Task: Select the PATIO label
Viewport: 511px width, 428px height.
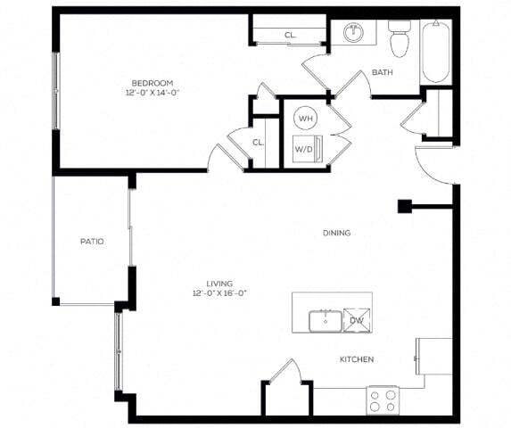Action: (x=92, y=241)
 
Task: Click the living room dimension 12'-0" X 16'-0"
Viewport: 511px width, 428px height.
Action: (x=218, y=293)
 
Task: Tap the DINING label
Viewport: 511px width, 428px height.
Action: (x=336, y=233)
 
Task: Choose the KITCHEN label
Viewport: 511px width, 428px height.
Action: (x=356, y=359)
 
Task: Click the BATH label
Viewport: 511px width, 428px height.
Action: (x=383, y=72)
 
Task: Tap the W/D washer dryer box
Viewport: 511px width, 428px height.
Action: (x=304, y=149)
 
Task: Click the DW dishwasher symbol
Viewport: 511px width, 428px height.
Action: (x=357, y=320)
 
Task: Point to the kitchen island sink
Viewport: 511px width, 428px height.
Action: (x=323, y=319)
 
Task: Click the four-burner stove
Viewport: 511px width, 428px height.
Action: (x=382, y=399)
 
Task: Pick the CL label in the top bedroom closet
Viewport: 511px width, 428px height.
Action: (x=290, y=36)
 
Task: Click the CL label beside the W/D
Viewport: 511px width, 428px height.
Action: (x=257, y=142)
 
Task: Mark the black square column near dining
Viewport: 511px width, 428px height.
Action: (x=404, y=207)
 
